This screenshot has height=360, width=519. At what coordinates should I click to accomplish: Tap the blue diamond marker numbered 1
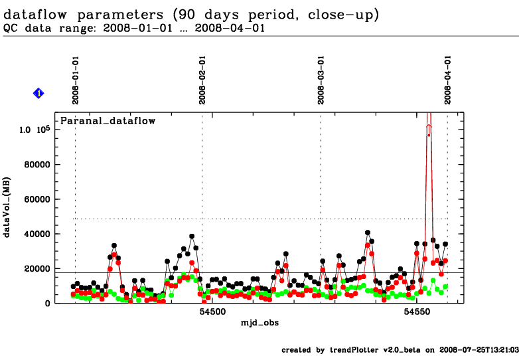(38, 94)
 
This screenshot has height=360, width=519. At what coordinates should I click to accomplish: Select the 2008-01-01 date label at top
(76, 80)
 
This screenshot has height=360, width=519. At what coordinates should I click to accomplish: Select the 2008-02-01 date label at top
(202, 80)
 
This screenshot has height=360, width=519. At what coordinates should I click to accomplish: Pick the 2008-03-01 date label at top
(321, 80)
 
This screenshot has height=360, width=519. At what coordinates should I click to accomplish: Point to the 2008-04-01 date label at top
(448, 80)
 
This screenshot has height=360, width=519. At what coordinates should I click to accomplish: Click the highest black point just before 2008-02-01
(192, 236)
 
